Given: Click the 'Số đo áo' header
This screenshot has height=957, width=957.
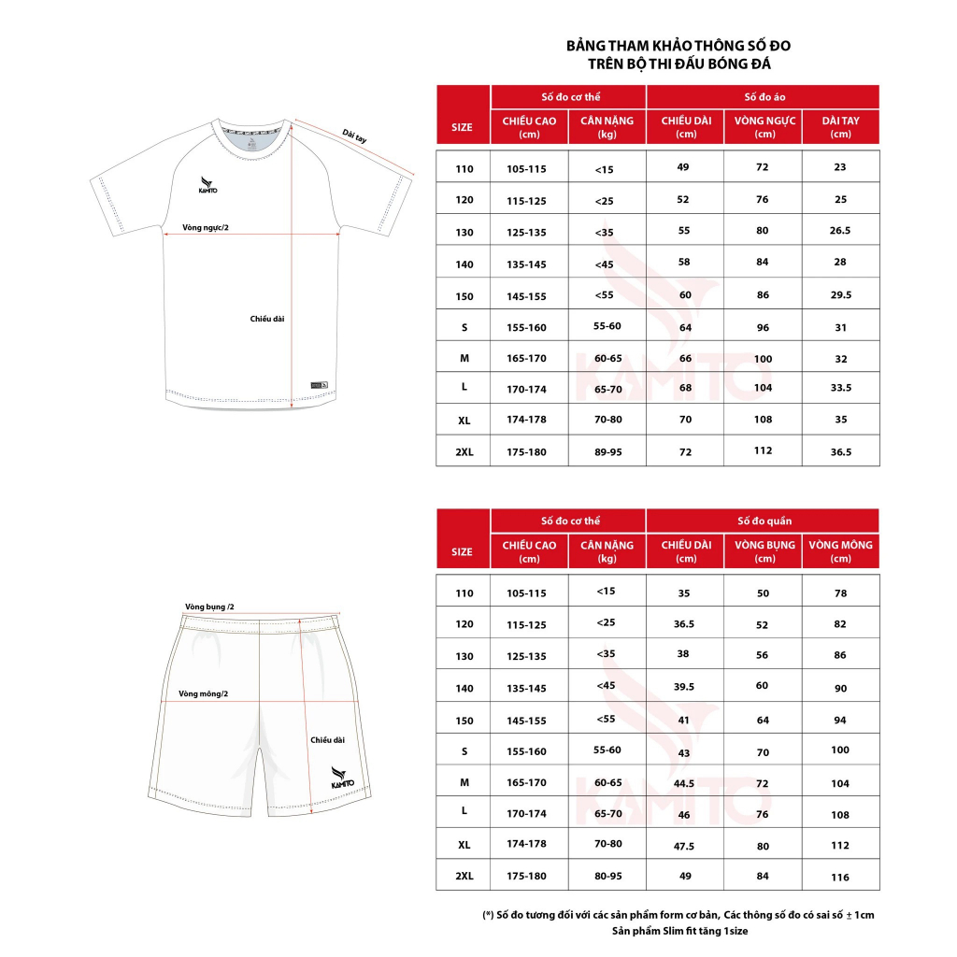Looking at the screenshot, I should tap(763, 97).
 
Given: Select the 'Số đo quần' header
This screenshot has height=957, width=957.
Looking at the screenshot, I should tap(763, 521).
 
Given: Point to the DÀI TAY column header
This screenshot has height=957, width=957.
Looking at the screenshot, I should tap(841, 127).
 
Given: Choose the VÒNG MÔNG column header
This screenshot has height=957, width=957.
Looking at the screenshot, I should tap(841, 551).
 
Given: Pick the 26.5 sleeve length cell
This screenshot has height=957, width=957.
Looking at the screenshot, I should tap(841, 231).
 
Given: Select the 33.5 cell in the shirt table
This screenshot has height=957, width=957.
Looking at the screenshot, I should tap(841, 388).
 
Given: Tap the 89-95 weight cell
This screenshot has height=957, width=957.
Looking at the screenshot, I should tap(607, 452).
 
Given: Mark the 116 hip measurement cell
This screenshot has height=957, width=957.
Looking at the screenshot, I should tap(841, 878).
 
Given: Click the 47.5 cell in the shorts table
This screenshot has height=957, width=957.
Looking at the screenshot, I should tap(685, 846).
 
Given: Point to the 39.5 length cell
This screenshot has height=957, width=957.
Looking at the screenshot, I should tap(685, 687).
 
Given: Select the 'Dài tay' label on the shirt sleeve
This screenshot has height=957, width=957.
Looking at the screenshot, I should tap(354, 136).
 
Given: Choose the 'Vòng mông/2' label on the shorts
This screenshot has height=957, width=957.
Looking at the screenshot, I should tap(204, 693).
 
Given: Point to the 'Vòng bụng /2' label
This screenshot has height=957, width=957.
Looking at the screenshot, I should tap(209, 607).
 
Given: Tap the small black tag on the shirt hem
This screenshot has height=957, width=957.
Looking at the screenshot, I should tap(320, 385).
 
